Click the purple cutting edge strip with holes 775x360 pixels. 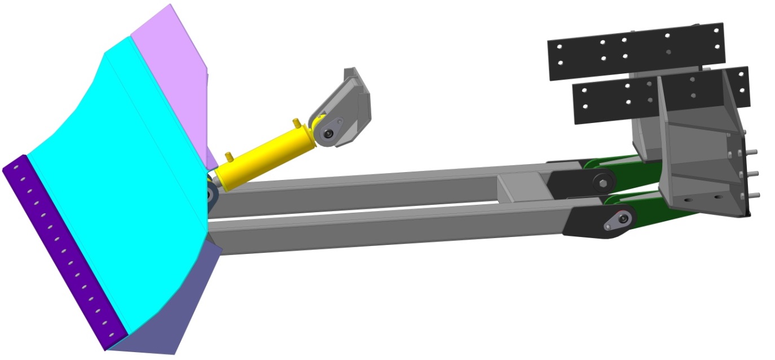[62, 248]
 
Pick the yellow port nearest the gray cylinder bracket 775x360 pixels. [294, 122]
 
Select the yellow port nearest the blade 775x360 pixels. [228, 156]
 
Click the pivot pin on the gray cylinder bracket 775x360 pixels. [328, 133]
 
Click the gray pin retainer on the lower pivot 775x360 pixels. [616, 221]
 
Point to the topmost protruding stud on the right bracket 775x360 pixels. [754, 151]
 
